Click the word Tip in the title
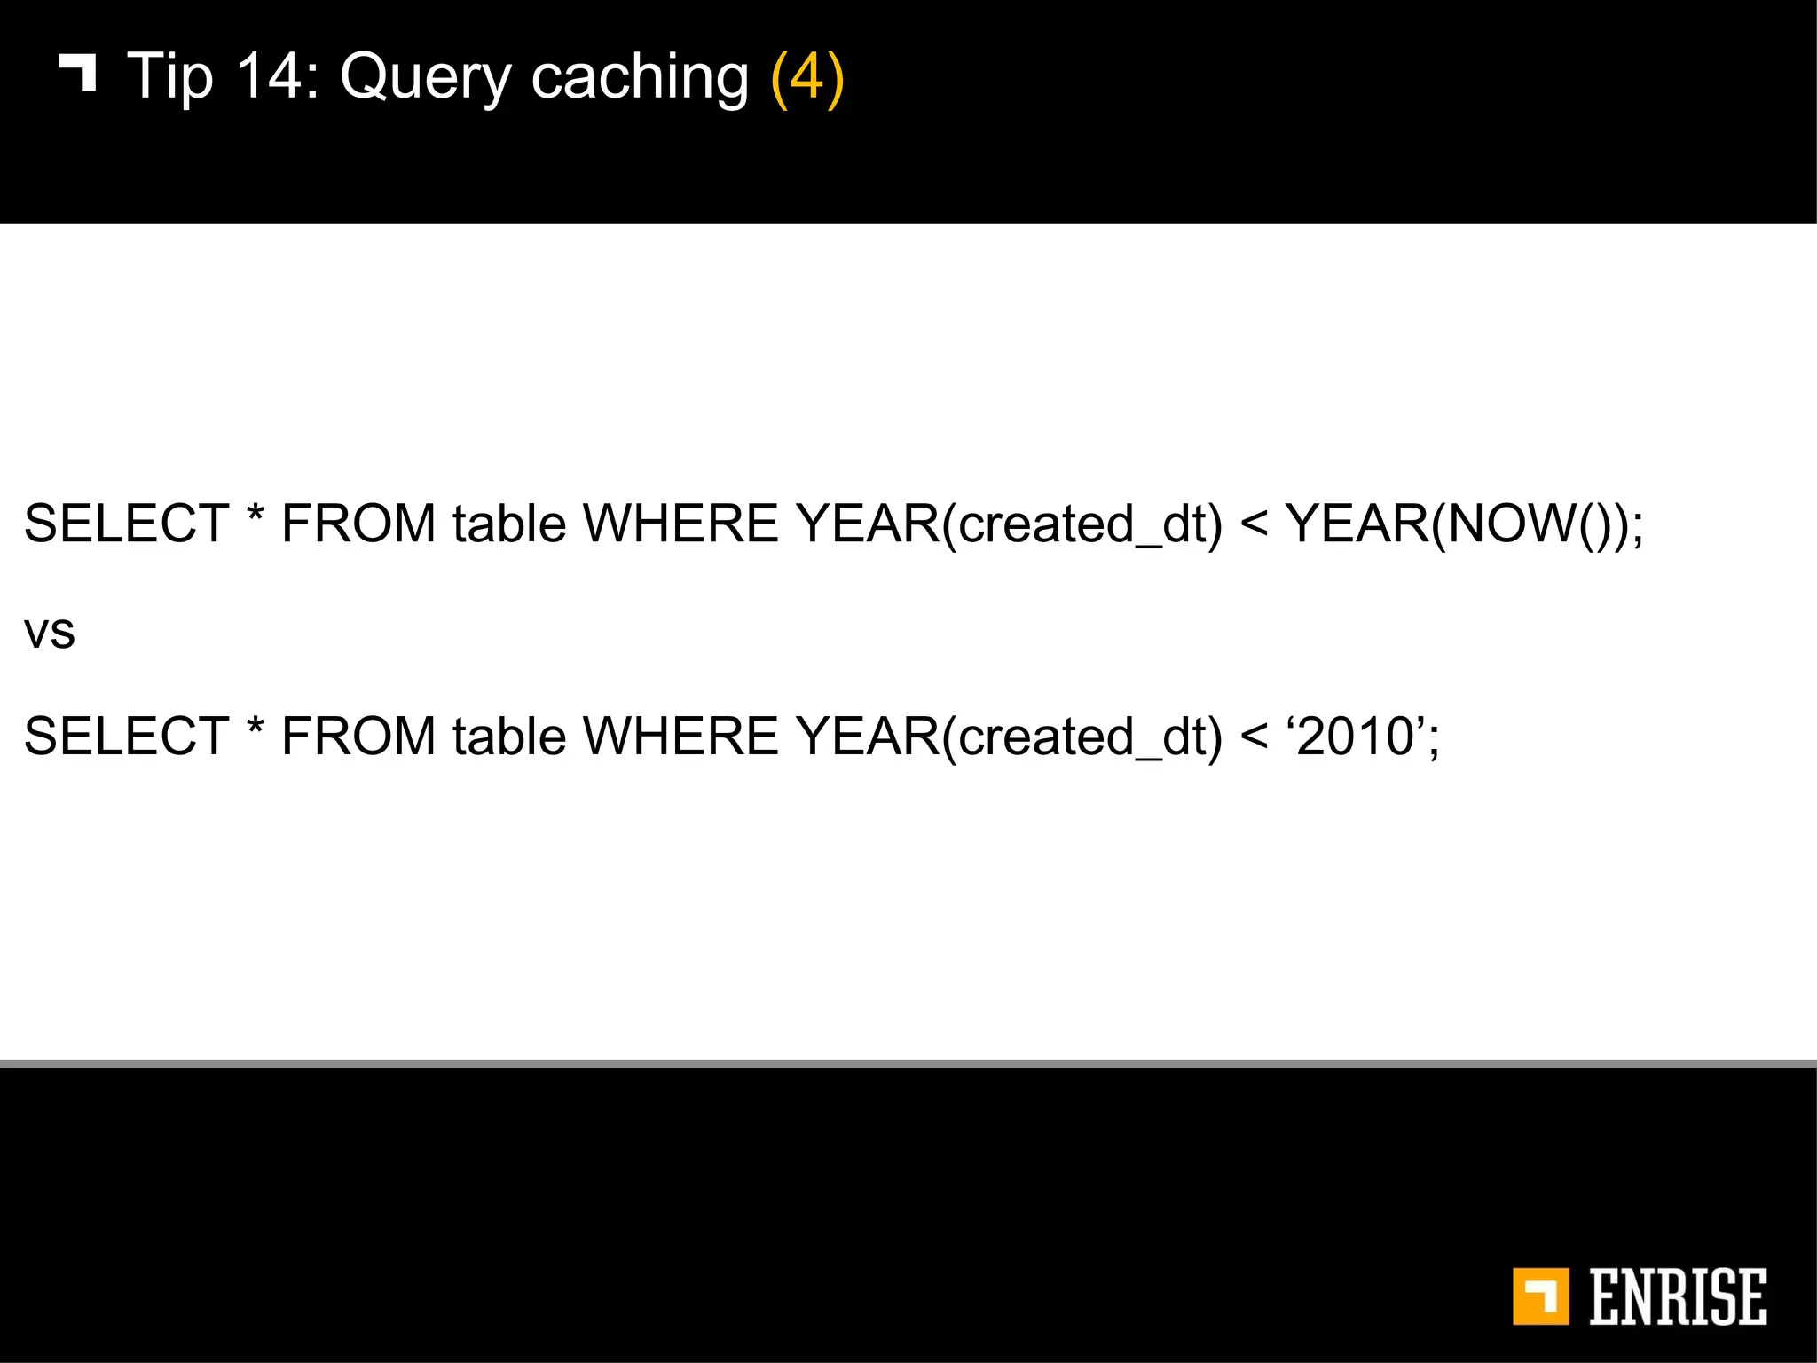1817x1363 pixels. point(170,78)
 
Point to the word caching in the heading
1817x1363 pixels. point(640,78)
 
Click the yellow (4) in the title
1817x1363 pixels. point(807,78)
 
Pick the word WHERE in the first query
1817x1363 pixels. point(680,524)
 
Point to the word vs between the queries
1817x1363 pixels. point(50,633)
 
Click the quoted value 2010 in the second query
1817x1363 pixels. point(1356,737)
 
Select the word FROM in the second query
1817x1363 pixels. point(358,737)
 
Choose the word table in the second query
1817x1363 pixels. point(509,737)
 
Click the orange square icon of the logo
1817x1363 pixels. point(1540,1296)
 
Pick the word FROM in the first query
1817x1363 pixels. point(358,524)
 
